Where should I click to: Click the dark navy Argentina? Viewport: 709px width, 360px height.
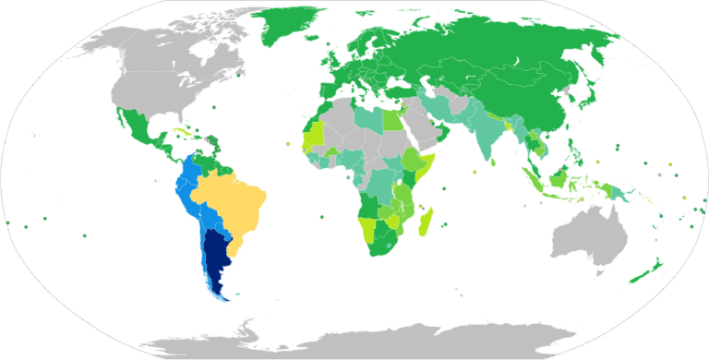tap(216, 258)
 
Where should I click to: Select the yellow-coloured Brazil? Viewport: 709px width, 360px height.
tap(231, 203)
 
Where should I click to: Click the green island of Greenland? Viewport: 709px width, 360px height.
tap(291, 32)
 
